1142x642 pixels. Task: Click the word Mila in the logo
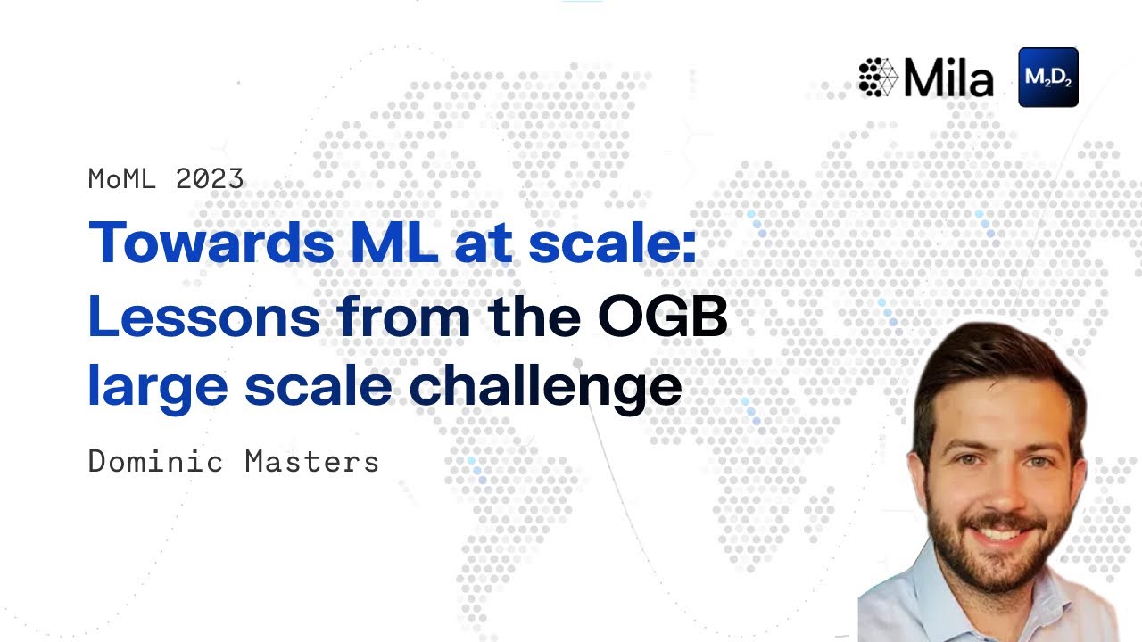click(x=948, y=78)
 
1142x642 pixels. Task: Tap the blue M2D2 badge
click(x=1047, y=78)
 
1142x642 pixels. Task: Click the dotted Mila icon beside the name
click(x=877, y=78)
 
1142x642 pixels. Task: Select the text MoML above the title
click(x=123, y=179)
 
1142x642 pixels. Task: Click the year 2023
click(x=210, y=179)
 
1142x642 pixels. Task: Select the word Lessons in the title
click(x=203, y=316)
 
